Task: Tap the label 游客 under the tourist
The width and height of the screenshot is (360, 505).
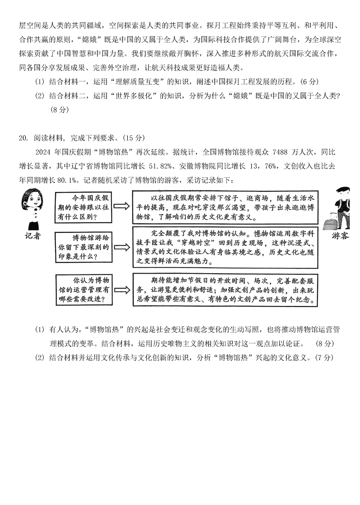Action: tap(340, 236)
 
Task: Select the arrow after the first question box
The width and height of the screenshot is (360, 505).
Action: tap(122, 206)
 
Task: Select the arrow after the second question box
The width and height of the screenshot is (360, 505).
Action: tap(122, 247)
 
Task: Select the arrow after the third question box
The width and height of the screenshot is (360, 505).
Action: tap(122, 289)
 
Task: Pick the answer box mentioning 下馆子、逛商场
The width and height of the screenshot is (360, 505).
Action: tap(224, 207)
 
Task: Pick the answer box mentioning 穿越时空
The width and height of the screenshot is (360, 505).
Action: tap(224, 247)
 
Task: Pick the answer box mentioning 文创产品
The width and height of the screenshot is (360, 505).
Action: tap(224, 289)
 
